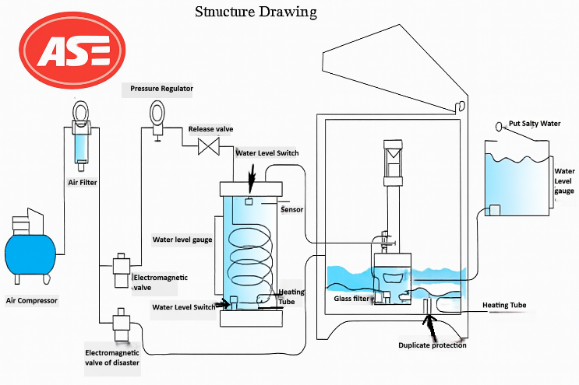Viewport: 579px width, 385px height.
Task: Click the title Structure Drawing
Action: (x=256, y=12)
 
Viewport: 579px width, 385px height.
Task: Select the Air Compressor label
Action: (x=32, y=299)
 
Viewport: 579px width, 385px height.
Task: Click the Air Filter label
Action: (x=83, y=183)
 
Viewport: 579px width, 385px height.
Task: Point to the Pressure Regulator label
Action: (x=161, y=89)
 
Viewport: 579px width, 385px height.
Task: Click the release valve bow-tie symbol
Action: (x=208, y=146)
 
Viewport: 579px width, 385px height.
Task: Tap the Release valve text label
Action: (x=210, y=128)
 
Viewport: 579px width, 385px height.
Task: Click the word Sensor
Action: (x=291, y=209)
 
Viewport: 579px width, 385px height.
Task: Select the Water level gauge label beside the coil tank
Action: (x=182, y=240)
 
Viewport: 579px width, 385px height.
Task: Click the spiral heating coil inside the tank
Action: (x=250, y=253)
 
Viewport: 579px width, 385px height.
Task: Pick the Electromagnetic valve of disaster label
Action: (x=114, y=358)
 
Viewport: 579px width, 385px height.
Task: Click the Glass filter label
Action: (x=352, y=298)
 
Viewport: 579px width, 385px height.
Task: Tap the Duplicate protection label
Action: (x=432, y=345)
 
